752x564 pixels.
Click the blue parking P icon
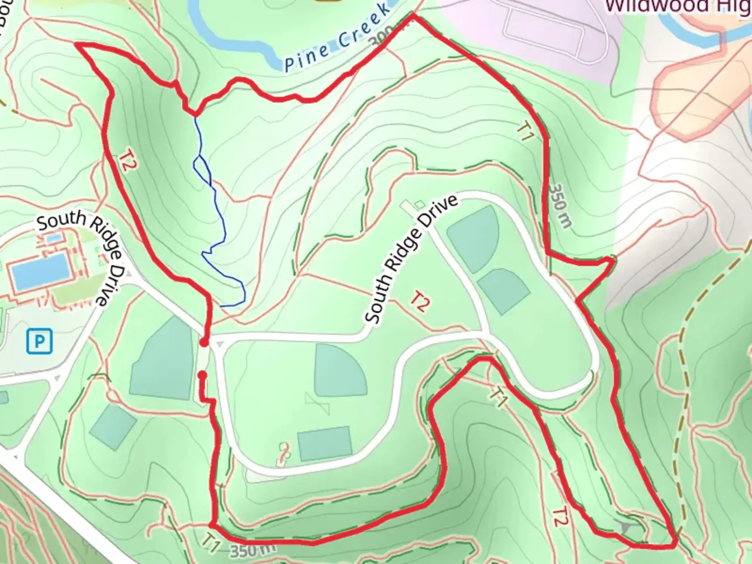click(39, 342)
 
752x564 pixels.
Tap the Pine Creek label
click(337, 39)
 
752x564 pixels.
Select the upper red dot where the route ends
click(204, 343)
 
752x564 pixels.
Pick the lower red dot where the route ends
click(203, 375)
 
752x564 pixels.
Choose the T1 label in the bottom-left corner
click(211, 543)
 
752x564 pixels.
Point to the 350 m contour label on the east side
click(560, 206)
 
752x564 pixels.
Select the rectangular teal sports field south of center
click(325, 443)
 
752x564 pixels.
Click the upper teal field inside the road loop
click(473, 238)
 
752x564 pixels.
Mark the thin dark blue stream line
click(219, 219)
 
